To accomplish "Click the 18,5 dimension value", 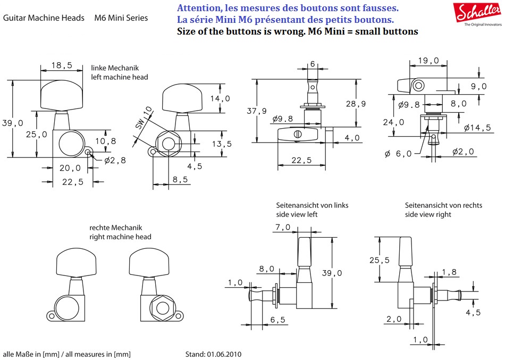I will (62, 65).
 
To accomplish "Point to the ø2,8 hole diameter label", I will (115, 161).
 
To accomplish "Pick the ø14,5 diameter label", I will (477, 128).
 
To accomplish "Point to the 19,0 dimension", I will (428, 61).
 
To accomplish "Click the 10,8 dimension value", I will (105, 141).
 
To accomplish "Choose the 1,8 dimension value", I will (449, 272).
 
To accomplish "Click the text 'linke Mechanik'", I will (115, 68).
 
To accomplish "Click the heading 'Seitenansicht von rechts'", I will (443, 205).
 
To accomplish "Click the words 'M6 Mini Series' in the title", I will (121, 18).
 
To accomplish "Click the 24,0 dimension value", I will (394, 122).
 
